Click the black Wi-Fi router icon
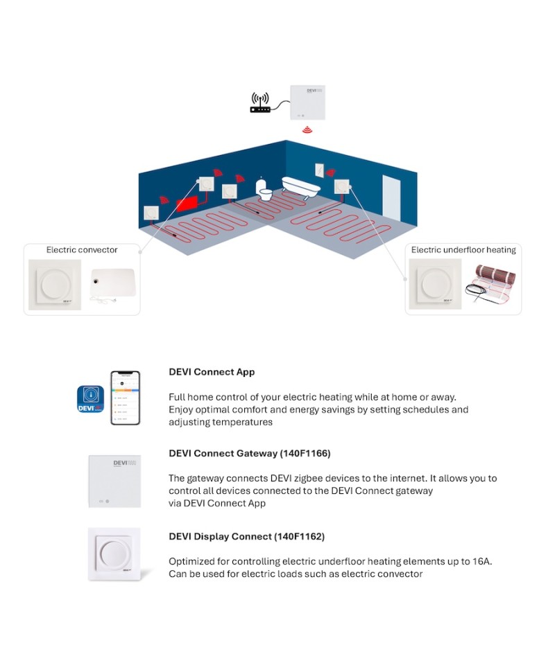260,103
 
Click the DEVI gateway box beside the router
307,102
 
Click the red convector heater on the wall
187,205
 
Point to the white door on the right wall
391,195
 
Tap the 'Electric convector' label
82,250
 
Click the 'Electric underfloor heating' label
463,250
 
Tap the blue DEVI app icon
90,400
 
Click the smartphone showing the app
126,398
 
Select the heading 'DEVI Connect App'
212,372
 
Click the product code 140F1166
305,454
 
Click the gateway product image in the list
114,481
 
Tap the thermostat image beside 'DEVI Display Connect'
114,554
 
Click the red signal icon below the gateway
307,130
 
